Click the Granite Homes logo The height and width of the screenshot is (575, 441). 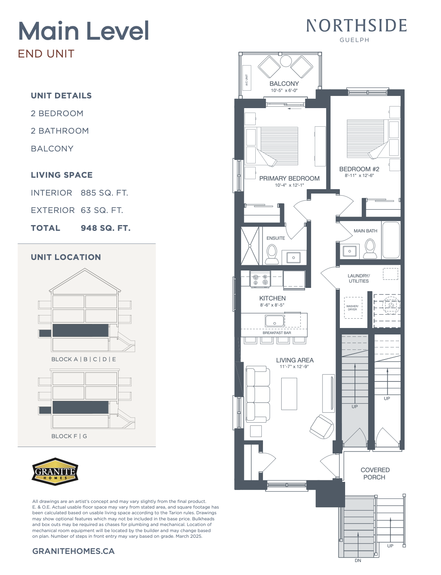tap(55, 472)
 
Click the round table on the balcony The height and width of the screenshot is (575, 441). tap(286, 61)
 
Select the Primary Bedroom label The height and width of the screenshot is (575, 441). tap(289, 178)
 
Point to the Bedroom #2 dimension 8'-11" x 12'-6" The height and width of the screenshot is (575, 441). tap(359, 175)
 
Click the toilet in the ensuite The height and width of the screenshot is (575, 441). tap(272, 254)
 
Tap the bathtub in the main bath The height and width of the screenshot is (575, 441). tap(391, 240)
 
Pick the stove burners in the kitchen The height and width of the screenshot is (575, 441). tap(260, 279)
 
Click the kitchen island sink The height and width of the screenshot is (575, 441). tap(275, 321)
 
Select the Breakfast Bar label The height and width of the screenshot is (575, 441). tap(277, 333)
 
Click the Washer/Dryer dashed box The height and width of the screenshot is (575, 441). tap(353, 308)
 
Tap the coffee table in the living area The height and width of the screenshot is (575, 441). tap(289, 394)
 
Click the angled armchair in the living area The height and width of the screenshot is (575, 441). tap(322, 426)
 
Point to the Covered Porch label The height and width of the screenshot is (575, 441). tap(375, 474)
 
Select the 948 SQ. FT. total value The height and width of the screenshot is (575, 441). tap(106, 228)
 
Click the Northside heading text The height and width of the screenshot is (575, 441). tap(356, 26)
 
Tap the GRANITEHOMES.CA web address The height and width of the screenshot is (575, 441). tap(73, 551)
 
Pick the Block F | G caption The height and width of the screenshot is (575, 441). tap(69, 436)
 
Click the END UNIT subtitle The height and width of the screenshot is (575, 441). tap(46, 54)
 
